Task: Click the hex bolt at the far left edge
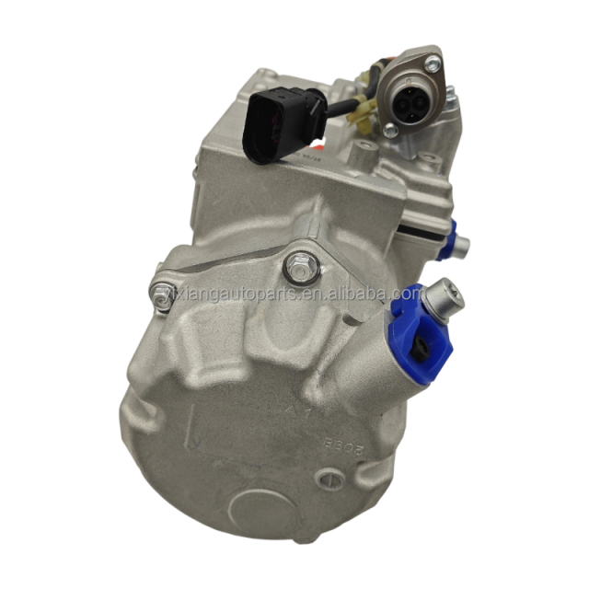[162, 295]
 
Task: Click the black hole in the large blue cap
[417, 346]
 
